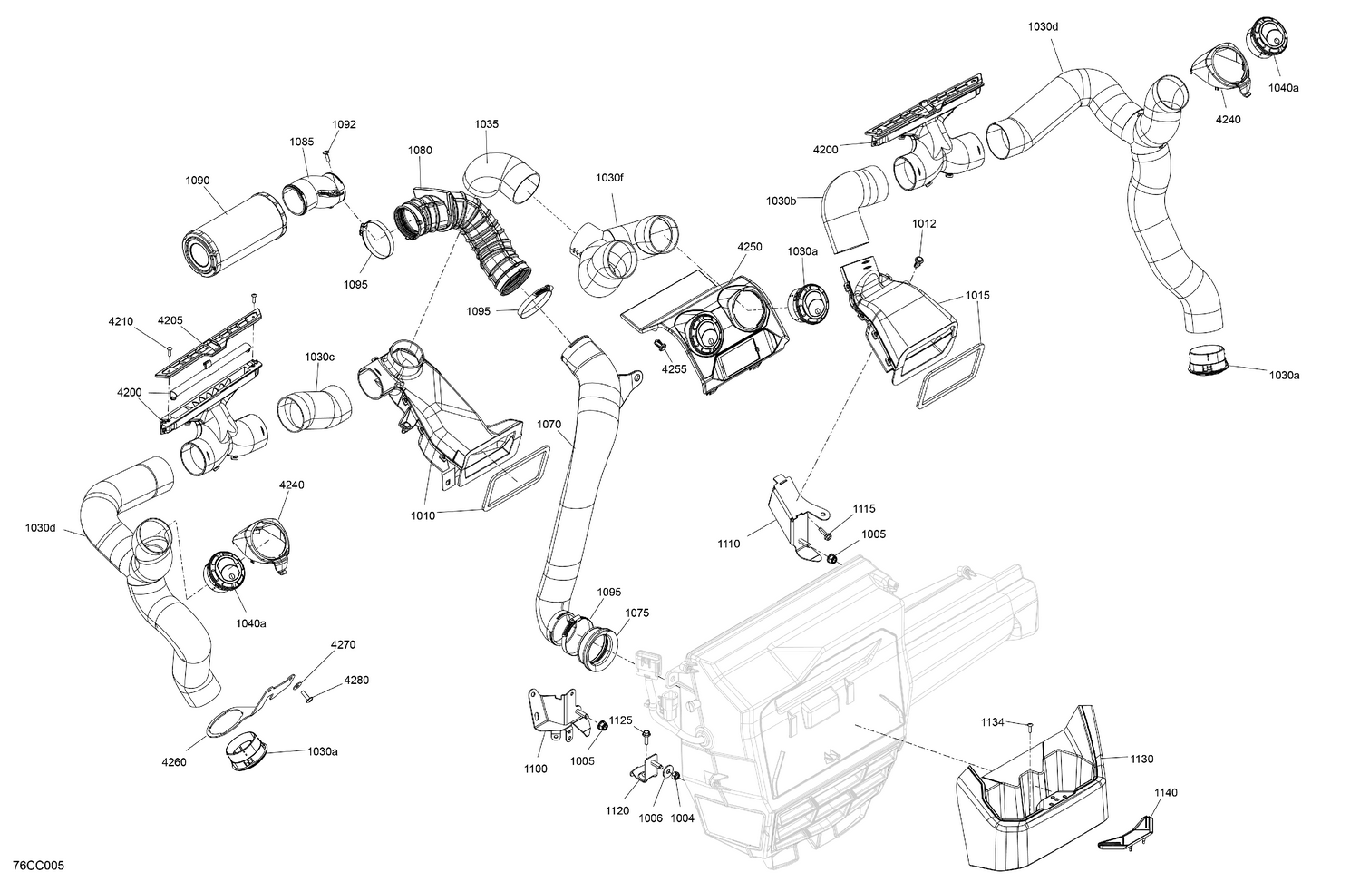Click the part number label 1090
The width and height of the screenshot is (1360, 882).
pos(198,181)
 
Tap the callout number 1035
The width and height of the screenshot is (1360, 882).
pos(486,124)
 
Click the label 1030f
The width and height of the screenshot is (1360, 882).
pos(609,179)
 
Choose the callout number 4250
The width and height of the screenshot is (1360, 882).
pos(750,247)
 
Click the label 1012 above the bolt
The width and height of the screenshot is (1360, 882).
pos(924,224)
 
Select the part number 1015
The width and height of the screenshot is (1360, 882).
pos(977,296)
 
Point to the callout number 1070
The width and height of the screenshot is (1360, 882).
pos(549,424)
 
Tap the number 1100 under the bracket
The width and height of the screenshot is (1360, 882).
pos(535,769)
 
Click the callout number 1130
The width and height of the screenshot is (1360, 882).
pos(1141,759)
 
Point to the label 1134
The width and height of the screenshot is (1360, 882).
pos(992,722)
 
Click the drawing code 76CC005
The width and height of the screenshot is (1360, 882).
pos(33,867)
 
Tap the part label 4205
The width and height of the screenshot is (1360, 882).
pos(170,320)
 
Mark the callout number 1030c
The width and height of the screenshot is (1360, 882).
pos(319,358)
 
